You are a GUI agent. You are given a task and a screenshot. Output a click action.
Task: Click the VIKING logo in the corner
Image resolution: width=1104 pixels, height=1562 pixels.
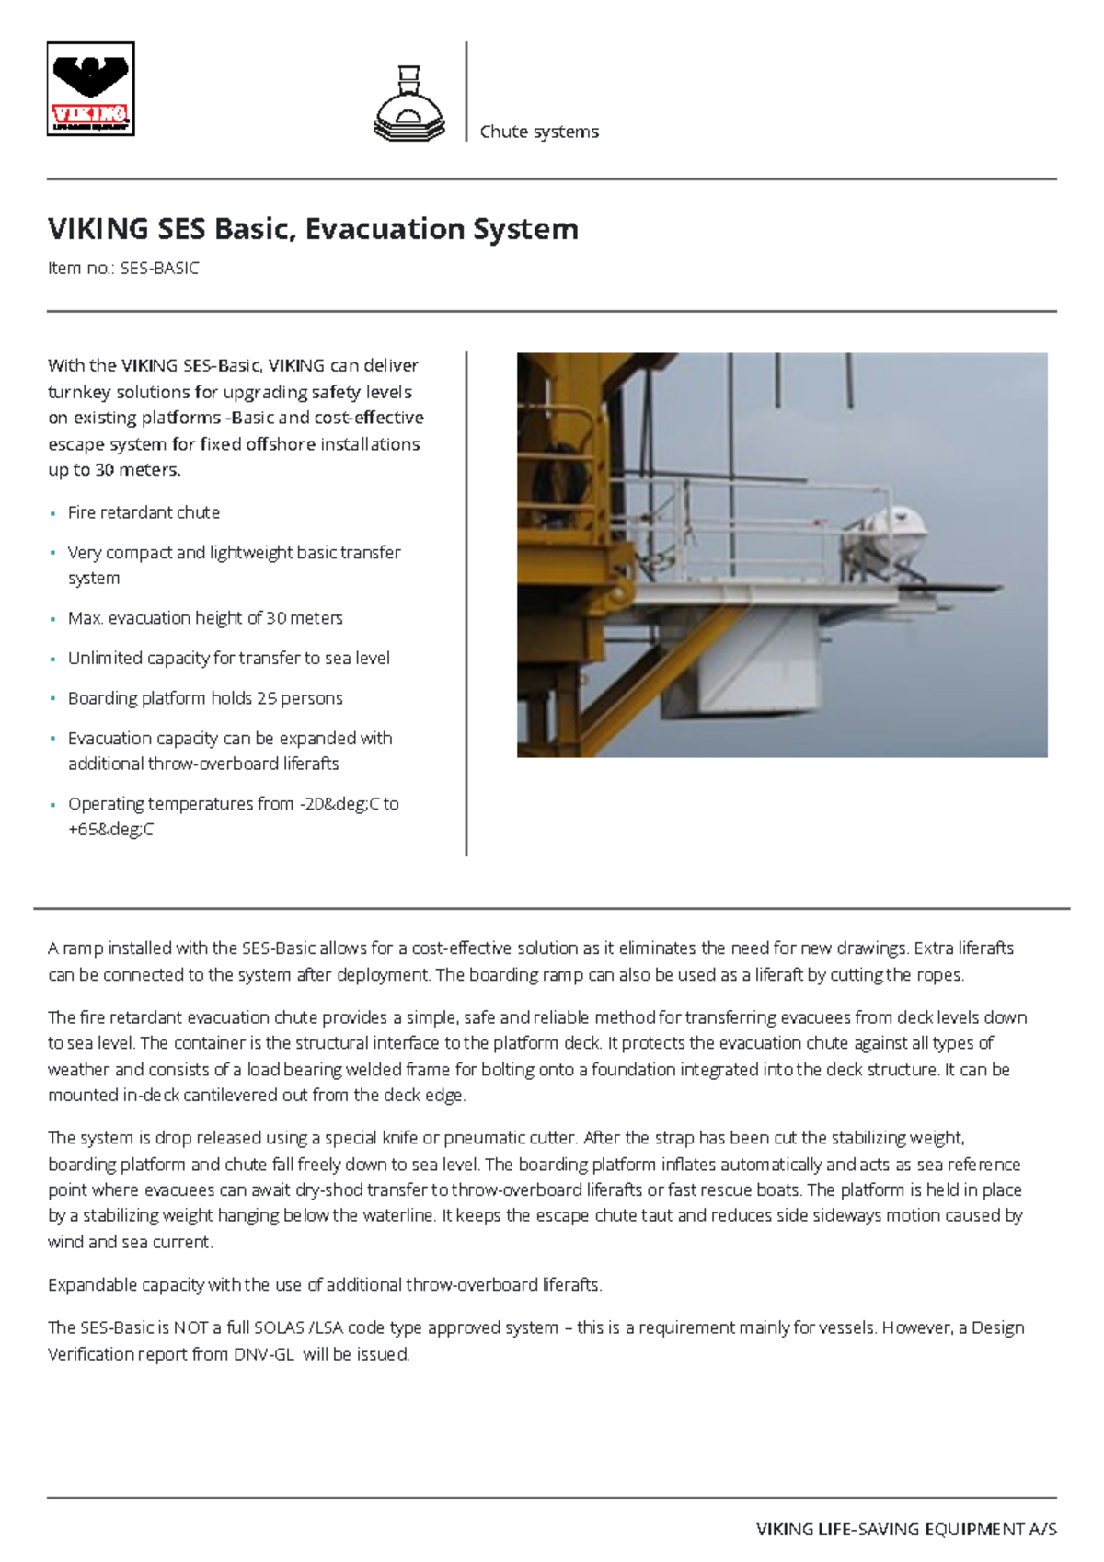90,89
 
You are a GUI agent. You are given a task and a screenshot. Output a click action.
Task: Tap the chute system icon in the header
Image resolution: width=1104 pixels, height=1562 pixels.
409,104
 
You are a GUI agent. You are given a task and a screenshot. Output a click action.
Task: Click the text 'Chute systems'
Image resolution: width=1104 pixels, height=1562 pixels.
539,132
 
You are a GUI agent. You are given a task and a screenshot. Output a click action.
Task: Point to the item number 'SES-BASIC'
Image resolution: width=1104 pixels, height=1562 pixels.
159,269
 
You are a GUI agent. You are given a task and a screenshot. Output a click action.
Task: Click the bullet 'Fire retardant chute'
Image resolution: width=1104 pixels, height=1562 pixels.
144,512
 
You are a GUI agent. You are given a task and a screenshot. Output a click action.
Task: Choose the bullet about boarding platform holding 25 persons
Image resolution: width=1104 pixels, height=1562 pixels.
205,698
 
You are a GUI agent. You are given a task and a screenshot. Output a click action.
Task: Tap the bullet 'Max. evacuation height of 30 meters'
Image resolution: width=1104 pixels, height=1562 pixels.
205,618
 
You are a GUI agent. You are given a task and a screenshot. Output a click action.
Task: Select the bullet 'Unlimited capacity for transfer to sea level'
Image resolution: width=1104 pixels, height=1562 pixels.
228,659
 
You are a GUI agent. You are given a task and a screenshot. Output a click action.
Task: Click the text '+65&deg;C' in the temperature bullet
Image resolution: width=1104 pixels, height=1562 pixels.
110,830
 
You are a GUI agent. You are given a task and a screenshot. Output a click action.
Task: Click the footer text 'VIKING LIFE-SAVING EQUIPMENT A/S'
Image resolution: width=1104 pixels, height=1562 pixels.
906,1530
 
